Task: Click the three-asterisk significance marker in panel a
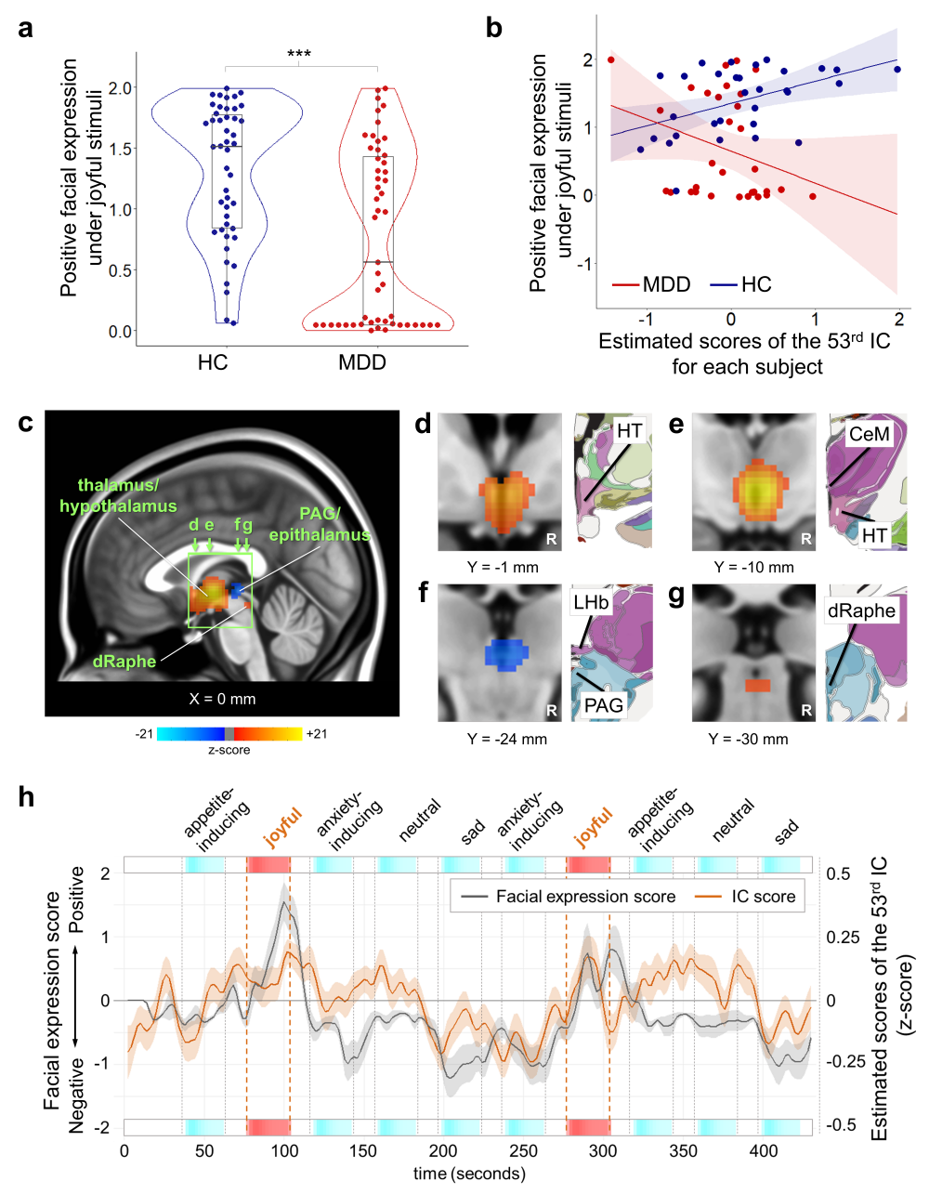pos(299,54)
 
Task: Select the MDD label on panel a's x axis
pos(362,362)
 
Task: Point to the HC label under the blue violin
pos(213,362)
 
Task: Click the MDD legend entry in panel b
pos(651,284)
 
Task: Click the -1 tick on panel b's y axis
pos(584,264)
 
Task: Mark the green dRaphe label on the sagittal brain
pos(124,661)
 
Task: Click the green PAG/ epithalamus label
pos(320,524)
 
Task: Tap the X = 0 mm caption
pos(222,699)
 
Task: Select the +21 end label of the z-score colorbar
pos(317,733)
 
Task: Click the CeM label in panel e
pos(870,434)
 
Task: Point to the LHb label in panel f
pos(591,603)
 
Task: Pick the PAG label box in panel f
pos(604,705)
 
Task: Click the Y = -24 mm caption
pos(507,739)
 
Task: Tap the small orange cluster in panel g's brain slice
pos(757,685)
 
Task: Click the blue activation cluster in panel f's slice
pos(506,654)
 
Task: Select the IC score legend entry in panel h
pos(745,896)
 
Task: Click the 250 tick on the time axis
pos(523,1150)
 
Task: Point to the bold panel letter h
pos(26,796)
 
